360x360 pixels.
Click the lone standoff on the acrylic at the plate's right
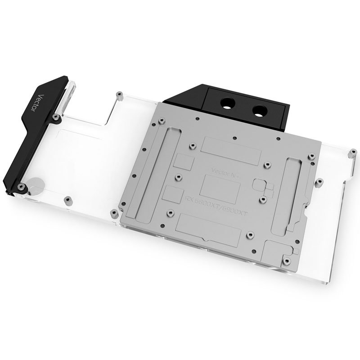(x=319, y=181)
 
